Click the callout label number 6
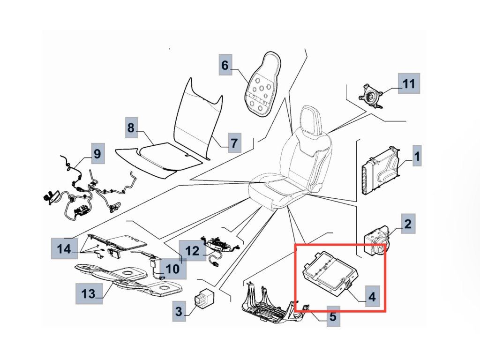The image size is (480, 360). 225,65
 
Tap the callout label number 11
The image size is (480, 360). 409,84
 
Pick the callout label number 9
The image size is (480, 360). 97,153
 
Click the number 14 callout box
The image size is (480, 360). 64,248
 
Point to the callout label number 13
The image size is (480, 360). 89,293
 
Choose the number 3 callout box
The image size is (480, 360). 179,310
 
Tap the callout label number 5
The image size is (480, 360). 332,316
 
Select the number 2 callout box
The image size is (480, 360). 408,224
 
